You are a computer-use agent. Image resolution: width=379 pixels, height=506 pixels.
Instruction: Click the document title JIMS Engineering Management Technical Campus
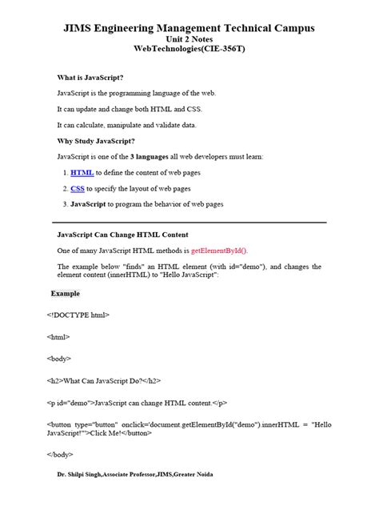pyautogui.click(x=189, y=28)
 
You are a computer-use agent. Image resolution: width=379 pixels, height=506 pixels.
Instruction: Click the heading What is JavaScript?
pyautogui.click(x=90, y=78)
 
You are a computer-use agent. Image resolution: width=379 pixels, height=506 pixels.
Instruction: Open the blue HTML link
pyautogui.click(x=82, y=173)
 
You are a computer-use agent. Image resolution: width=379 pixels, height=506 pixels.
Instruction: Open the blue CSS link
pyautogui.click(x=78, y=188)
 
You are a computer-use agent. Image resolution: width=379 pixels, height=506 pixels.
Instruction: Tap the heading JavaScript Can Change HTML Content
pyautogui.click(x=122, y=235)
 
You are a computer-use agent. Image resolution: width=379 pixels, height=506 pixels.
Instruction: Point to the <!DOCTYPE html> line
pyautogui.click(x=78, y=315)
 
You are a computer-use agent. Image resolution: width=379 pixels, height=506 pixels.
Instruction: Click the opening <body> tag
pyautogui.click(x=59, y=359)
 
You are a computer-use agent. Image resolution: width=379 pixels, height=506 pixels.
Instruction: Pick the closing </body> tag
pyautogui.click(x=61, y=454)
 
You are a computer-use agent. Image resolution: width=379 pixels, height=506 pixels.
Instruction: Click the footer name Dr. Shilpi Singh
pyautogui.click(x=82, y=474)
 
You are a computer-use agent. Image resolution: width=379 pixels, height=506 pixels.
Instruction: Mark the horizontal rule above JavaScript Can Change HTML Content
pyautogui.click(x=189, y=222)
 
